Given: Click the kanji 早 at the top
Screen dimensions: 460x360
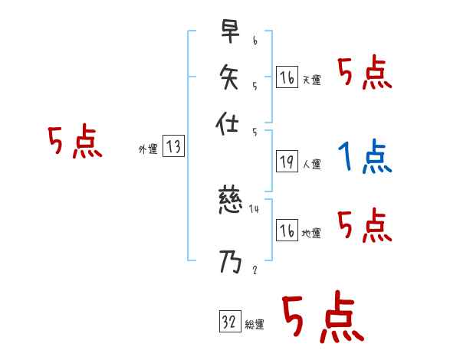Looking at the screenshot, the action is (230, 33).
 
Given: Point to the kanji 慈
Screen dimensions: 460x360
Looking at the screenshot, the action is (230, 204).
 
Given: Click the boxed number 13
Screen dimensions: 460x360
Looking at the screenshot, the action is (174, 147).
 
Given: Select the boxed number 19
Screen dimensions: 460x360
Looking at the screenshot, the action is (287, 162).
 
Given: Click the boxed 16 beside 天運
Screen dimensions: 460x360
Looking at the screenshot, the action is (287, 77).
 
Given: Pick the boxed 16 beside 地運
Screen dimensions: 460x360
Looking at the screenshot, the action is (287, 231).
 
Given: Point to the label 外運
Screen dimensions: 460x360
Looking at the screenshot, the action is (148, 149).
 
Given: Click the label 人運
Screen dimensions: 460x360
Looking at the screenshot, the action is (312, 164).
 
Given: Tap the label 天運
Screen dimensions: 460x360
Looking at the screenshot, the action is (312, 80).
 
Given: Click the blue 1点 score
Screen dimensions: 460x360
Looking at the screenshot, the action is (365, 158).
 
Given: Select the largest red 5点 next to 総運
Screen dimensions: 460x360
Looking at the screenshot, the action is (322, 318).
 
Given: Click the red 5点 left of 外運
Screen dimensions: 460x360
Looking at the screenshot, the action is (75, 143).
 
